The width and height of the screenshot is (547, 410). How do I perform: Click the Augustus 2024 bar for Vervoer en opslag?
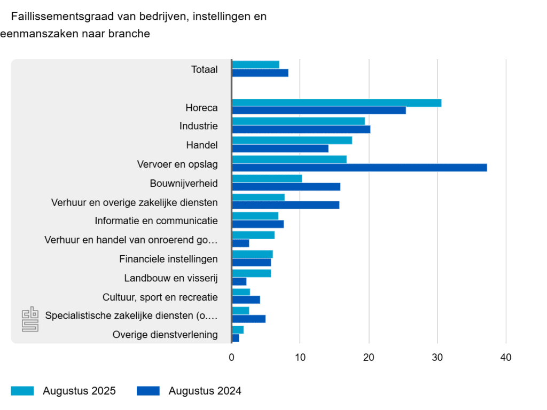click(x=359, y=168)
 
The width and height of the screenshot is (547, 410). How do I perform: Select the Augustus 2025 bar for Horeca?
click(x=337, y=103)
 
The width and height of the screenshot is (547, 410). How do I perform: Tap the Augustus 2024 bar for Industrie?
click(x=301, y=129)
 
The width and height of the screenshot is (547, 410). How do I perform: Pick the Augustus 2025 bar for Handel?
click(x=292, y=140)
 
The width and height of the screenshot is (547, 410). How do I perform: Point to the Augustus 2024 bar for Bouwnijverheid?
click(x=286, y=187)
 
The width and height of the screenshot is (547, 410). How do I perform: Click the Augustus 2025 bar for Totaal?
click(x=255, y=65)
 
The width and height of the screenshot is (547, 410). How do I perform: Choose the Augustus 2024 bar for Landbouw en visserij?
click(x=239, y=281)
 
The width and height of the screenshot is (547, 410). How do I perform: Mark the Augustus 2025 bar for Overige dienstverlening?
click(x=238, y=330)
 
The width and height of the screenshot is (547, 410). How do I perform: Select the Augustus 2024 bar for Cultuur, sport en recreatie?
click(x=246, y=300)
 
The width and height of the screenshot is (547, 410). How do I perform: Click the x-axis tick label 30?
click(x=437, y=358)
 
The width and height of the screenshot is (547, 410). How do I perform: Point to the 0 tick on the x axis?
click(x=232, y=358)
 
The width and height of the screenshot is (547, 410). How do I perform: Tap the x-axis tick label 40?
click(x=505, y=358)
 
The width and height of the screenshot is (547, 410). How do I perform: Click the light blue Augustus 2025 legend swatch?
click(x=22, y=391)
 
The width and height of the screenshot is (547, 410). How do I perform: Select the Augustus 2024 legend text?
click(x=205, y=391)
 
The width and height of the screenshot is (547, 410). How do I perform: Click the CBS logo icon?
click(x=30, y=319)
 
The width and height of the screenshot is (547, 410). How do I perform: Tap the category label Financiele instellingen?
click(x=168, y=259)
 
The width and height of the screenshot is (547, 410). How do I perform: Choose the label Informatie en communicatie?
click(x=156, y=220)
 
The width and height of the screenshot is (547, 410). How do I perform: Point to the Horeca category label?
click(x=201, y=108)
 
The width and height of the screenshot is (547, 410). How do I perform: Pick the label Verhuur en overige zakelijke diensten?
click(x=134, y=202)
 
